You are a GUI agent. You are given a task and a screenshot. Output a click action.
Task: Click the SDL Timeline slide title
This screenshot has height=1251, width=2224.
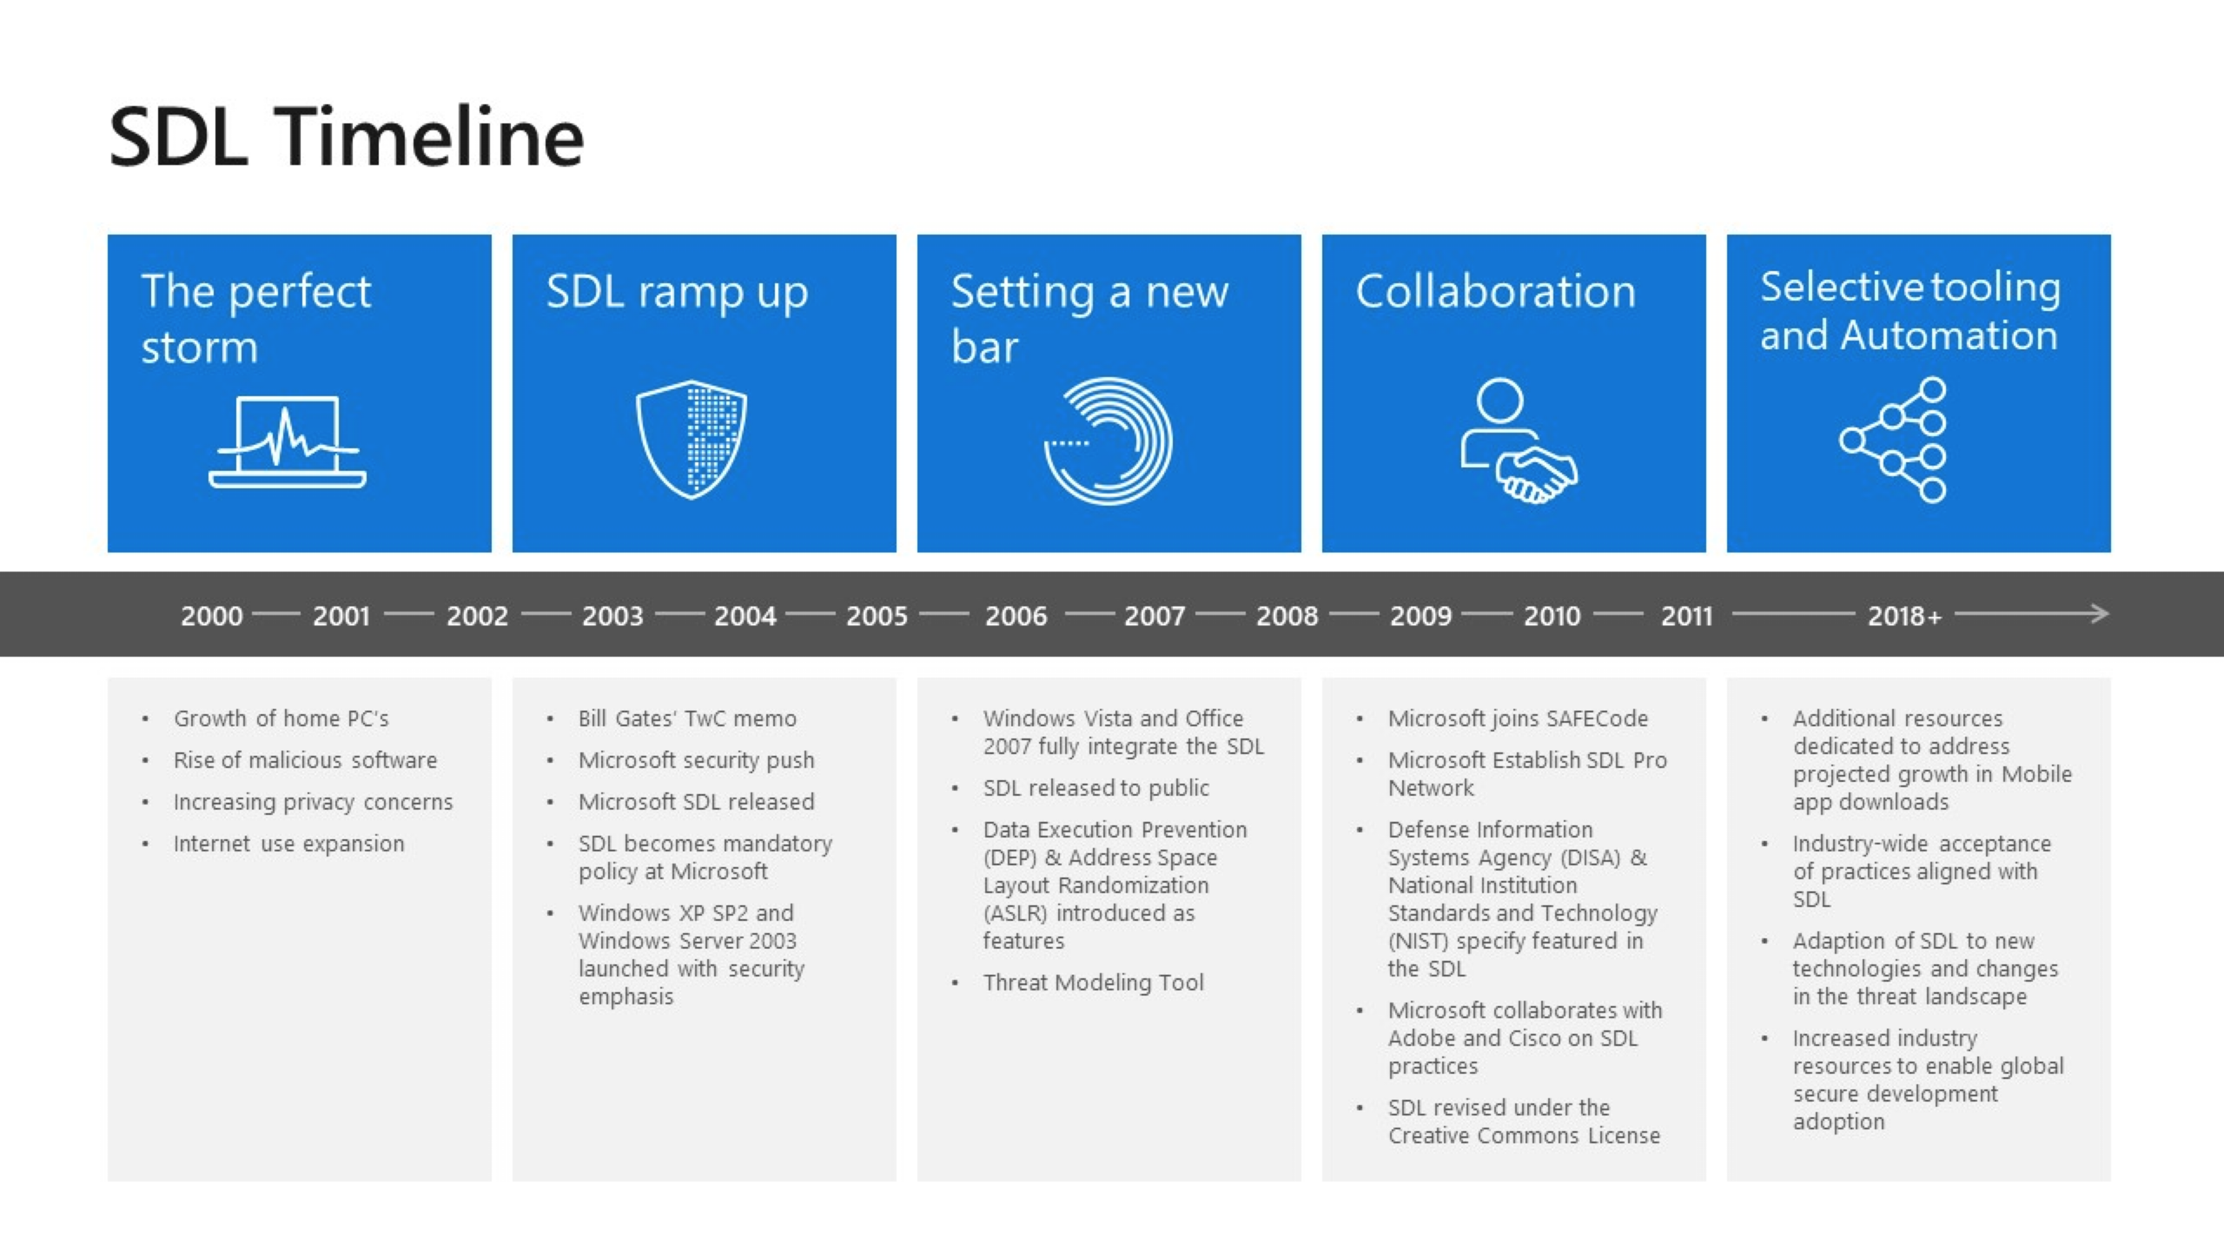click(x=346, y=137)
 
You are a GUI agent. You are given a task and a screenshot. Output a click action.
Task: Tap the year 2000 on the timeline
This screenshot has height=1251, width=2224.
click(x=211, y=616)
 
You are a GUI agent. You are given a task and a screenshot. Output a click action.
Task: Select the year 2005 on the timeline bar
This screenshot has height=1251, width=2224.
click(x=876, y=616)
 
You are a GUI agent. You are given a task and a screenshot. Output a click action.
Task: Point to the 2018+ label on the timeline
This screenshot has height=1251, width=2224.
click(x=1904, y=616)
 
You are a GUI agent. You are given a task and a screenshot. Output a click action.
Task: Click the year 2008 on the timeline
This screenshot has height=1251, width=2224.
click(x=1286, y=616)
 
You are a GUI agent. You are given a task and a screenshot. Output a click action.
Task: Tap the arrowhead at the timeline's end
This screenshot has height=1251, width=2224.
click(x=2099, y=614)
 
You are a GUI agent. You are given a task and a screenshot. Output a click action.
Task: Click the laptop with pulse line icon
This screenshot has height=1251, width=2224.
click(x=287, y=442)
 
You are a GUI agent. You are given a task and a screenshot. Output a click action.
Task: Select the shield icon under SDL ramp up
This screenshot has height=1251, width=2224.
click(x=692, y=440)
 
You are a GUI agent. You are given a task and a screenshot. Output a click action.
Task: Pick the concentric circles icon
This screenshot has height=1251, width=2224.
click(x=1109, y=441)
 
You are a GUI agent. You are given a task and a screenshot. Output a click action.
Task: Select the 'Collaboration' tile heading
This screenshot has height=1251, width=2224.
click(x=1495, y=291)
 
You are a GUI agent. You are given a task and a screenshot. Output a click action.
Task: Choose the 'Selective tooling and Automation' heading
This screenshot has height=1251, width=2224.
click(x=1910, y=311)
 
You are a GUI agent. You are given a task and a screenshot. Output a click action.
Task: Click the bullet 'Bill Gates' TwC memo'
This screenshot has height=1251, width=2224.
click(x=687, y=718)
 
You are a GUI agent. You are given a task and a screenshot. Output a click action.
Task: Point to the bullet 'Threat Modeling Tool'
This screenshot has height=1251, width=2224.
click(x=1093, y=982)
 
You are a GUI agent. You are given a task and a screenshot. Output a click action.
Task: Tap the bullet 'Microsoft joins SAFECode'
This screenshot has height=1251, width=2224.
click(x=1518, y=718)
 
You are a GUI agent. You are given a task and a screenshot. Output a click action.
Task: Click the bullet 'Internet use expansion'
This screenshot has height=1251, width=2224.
click(x=288, y=843)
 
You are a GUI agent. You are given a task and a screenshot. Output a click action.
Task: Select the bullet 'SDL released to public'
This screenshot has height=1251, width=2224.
click(x=1096, y=788)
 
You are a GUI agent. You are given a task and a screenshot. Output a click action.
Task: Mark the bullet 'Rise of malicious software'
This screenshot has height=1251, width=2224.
click(x=305, y=760)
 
